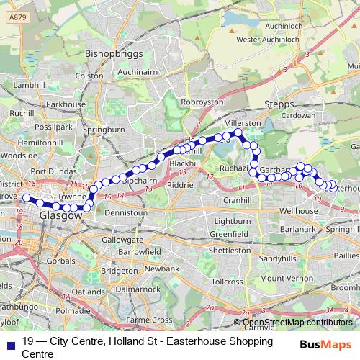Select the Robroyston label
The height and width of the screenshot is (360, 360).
tap(202, 103)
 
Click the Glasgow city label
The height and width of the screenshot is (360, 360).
tap(60, 215)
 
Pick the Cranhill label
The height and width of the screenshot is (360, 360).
tap(236, 200)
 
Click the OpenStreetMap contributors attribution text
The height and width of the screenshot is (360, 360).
tap(297, 322)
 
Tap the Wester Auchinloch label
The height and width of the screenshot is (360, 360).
tap(269, 40)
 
